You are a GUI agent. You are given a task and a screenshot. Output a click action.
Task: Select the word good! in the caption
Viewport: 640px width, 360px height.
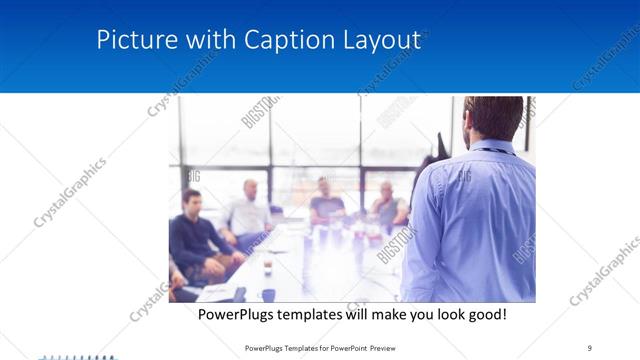point(485,314)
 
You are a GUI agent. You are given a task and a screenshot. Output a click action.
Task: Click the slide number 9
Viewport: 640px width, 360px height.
point(589,347)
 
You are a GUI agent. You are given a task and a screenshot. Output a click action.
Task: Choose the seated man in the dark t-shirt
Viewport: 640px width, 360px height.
point(326,203)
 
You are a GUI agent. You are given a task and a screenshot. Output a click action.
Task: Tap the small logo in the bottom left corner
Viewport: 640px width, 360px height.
point(75,355)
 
